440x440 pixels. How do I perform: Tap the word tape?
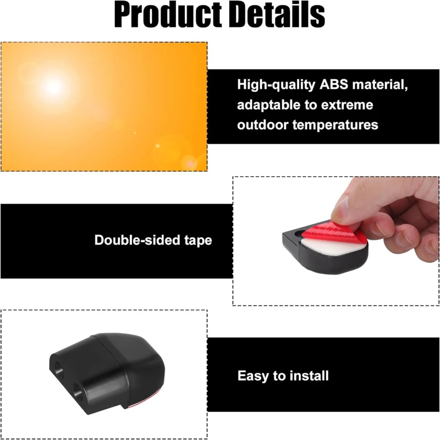(197, 240)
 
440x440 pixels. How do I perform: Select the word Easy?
(254, 376)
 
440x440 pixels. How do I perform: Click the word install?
(308, 376)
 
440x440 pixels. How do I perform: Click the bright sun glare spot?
(53, 86)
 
